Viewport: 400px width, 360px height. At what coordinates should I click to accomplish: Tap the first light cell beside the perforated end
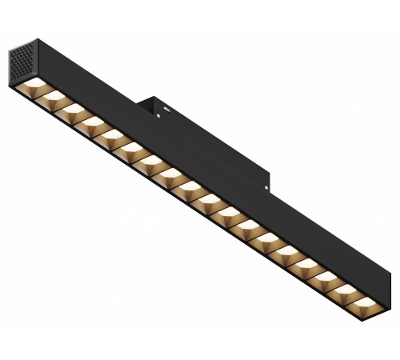(x=36, y=82)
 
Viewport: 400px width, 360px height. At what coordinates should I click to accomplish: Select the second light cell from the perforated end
(x=55, y=95)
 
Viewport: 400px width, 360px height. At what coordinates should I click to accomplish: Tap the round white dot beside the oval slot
(x=158, y=116)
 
